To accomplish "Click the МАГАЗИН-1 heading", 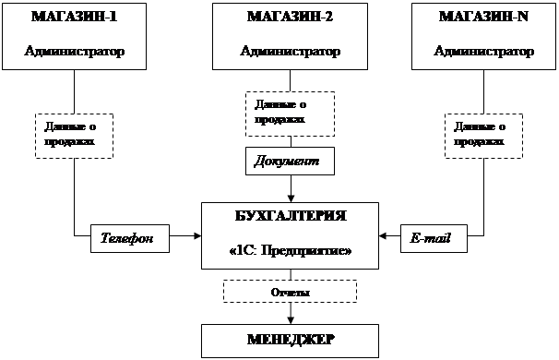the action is click(74, 17).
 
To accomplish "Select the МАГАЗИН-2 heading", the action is click(290, 17).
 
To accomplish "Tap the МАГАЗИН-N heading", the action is click(483, 17).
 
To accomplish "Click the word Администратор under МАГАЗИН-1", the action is click(75, 51).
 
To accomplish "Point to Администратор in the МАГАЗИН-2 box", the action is click(291, 51).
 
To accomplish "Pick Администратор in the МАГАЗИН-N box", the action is click(483, 51).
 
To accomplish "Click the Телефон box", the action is click(130, 238).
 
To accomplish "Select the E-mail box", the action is click(434, 238).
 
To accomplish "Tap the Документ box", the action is click(290, 161).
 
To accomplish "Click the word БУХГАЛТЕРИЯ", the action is click(291, 216).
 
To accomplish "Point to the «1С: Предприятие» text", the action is click(291, 251).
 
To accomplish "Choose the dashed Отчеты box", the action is click(291, 291).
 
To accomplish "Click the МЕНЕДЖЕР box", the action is click(290, 341).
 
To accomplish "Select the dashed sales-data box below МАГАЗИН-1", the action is click(74, 136).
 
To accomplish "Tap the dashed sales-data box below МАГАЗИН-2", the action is click(290, 114).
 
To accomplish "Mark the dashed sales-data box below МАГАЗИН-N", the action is click(483, 136).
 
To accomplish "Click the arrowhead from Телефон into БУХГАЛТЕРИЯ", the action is click(197, 235).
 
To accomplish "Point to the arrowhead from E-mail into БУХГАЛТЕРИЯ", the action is click(383, 235).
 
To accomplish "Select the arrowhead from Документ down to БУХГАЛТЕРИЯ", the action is click(291, 198).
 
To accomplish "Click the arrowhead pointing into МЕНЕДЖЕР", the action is click(291, 320).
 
